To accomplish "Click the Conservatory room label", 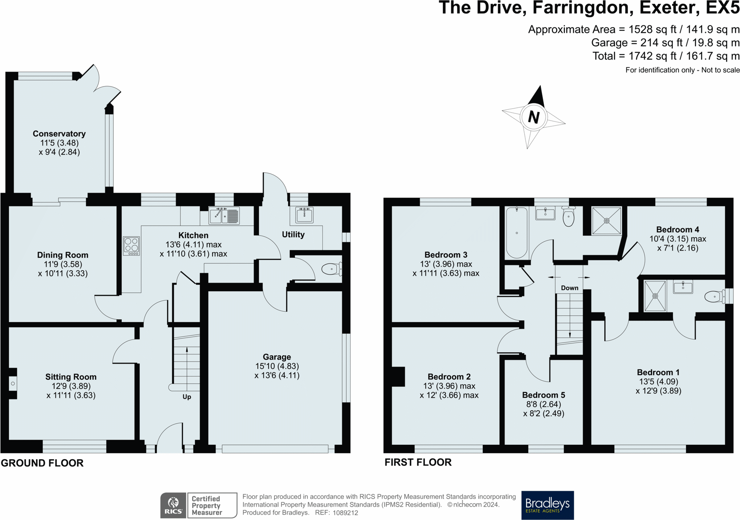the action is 59,134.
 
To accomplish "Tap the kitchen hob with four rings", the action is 131,246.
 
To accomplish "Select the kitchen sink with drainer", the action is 224,216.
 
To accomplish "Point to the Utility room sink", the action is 304,215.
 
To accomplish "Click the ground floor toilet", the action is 332,269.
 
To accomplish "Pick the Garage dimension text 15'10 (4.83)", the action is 277,366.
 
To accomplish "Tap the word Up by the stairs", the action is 187,397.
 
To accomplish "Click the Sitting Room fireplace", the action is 13,384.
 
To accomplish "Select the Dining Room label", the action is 63,255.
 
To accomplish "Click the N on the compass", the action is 533,117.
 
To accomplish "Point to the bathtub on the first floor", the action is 517,232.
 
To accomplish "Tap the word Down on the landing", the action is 570,288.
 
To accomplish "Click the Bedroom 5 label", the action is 543,395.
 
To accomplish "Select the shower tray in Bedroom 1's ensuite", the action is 655,296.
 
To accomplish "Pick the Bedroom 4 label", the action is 678,230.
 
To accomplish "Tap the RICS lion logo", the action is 173,506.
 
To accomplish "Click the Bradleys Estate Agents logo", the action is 547,505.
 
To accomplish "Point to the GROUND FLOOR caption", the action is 42,463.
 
